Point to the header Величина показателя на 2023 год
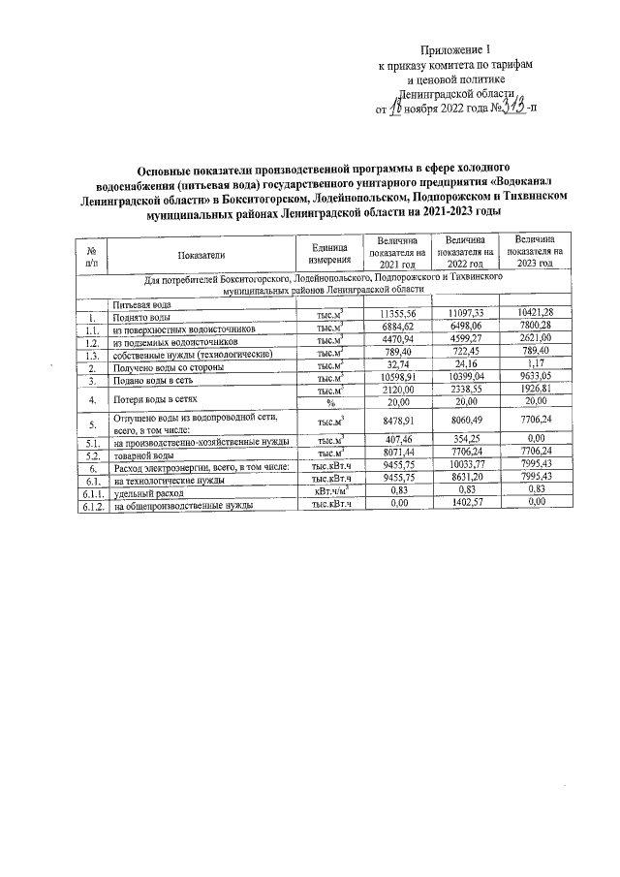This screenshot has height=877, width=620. tap(536, 251)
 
